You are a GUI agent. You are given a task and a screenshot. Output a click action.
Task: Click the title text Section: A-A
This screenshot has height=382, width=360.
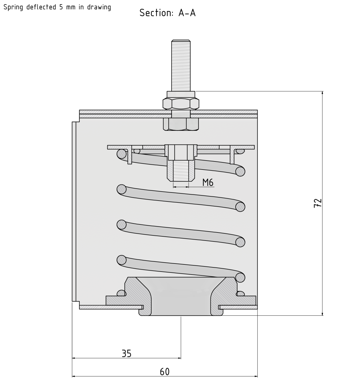point(167,13)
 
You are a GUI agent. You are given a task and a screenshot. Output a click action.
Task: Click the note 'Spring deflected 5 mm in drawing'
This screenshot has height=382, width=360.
point(57,7)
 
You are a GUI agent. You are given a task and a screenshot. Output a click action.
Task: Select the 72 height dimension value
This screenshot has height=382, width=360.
point(318,203)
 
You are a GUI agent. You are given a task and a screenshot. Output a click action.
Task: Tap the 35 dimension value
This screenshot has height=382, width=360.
point(126,353)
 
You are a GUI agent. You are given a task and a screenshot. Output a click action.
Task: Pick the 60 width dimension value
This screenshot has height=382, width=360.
point(164,372)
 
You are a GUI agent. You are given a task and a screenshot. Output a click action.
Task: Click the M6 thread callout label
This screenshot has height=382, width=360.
point(208,182)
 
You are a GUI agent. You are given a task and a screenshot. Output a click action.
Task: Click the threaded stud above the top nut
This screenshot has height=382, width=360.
point(181,66)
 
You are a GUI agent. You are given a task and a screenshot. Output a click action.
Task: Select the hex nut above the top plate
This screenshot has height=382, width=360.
point(181,103)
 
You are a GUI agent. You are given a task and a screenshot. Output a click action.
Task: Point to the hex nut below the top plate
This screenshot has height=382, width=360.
point(181,124)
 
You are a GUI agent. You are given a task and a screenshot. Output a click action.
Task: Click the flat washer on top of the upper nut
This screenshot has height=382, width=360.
point(181,94)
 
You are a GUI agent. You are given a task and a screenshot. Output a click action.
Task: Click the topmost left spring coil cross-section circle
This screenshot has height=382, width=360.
point(121,154)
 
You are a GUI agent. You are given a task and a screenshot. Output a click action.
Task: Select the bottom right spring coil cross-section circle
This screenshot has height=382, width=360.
point(240,278)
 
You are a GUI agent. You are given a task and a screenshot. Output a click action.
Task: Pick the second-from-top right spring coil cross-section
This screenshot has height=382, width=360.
point(240,207)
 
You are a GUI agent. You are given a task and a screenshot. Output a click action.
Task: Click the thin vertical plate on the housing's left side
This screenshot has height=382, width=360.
point(74,211)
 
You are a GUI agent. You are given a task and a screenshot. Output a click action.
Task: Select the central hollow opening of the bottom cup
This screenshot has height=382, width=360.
point(181,298)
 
